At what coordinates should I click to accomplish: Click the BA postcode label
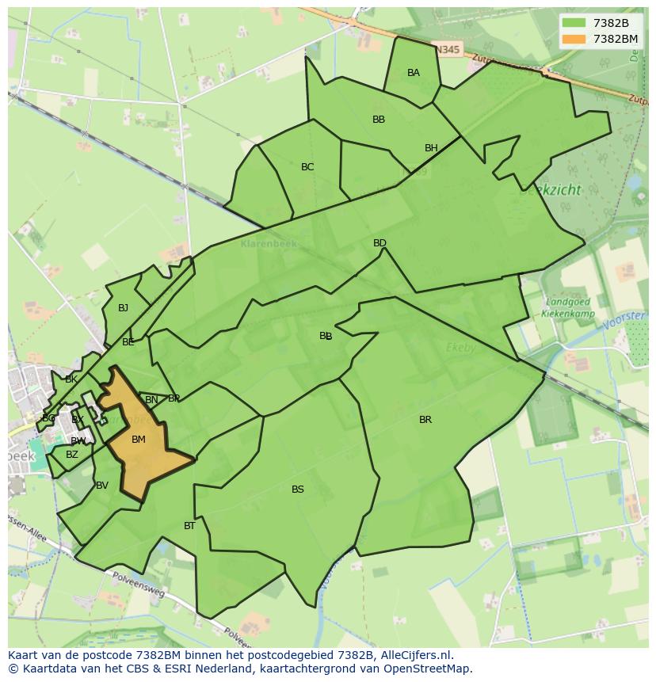413,73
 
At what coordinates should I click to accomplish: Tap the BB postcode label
379,120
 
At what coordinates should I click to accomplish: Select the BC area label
307,167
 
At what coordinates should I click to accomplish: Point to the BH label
431,148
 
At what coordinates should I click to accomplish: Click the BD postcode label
379,243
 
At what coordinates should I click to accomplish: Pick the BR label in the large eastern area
425,420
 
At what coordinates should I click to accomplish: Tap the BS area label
298,490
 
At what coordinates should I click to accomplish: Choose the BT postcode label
189,526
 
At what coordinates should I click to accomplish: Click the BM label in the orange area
139,440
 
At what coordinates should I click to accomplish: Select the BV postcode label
101,486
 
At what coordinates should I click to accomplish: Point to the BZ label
72,455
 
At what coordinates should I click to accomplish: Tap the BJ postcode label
123,308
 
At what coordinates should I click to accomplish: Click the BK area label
71,379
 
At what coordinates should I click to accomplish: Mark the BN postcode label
151,400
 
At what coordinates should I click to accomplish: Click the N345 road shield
448,49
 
